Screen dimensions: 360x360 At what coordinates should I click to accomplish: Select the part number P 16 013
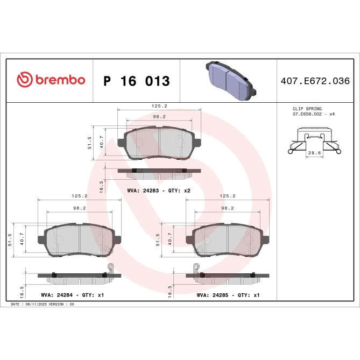pyautogui.click(x=136, y=81)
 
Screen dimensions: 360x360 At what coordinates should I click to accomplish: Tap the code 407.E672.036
pyautogui.click(x=315, y=81)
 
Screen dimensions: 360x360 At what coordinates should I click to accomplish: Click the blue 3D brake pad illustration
pyautogui.click(x=228, y=80)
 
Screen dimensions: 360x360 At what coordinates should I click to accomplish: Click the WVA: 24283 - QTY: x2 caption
pyautogui.click(x=159, y=190)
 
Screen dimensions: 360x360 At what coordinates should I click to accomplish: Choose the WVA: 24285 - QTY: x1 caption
pyautogui.click(x=228, y=295)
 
